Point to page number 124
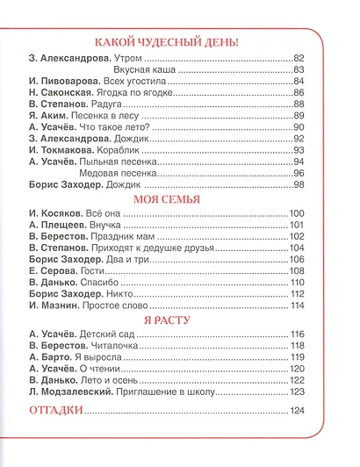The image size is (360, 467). [296, 412]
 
